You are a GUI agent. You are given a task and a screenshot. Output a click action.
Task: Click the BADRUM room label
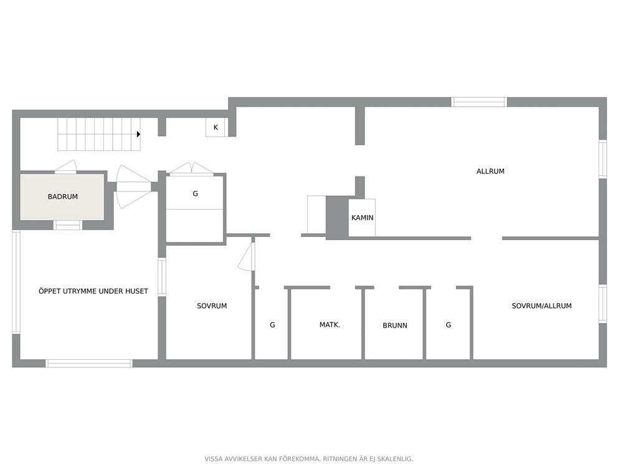tap(63, 196)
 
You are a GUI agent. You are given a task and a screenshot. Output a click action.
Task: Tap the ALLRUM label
tap(490, 172)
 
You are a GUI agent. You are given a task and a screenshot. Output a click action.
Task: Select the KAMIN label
tap(362, 218)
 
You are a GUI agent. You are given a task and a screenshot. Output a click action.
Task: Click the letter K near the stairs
tap(216, 127)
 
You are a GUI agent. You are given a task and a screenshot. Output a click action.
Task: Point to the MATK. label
tap(330, 325)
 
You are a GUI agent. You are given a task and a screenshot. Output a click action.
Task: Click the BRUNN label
tap(394, 326)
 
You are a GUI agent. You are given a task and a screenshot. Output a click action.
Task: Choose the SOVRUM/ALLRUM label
tap(541, 306)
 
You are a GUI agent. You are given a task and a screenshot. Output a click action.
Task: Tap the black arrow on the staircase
tap(138, 134)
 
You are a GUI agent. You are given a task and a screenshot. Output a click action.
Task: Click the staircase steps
tap(98, 134)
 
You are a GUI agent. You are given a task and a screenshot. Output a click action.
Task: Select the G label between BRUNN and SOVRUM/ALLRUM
tap(448, 325)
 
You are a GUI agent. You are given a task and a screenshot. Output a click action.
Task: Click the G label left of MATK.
tap(272, 325)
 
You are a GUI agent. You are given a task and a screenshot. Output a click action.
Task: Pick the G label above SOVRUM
tap(195, 194)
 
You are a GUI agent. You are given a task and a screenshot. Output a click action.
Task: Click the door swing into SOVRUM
tap(247, 256)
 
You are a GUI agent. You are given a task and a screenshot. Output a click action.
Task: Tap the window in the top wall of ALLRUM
tap(479, 102)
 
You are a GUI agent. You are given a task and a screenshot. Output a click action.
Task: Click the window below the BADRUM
tap(67, 225)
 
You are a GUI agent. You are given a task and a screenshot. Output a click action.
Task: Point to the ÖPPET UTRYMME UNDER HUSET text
tap(93, 291)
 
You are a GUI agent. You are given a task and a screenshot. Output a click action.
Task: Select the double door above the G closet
tap(191, 168)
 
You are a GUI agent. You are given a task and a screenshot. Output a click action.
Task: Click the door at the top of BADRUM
tap(65, 167)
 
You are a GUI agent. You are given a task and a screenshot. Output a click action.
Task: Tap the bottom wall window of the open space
tap(88, 364)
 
